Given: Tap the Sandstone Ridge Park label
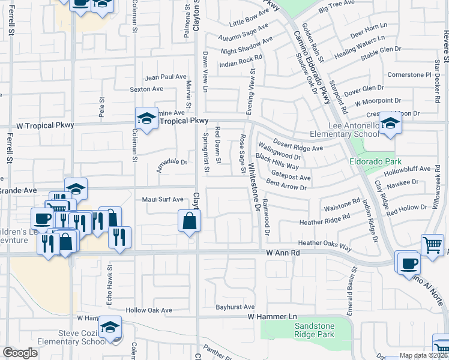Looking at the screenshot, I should (310, 330).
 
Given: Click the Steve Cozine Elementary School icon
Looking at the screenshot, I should (110, 328).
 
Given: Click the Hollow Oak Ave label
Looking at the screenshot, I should (149, 310).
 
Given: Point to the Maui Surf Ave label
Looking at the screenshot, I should (162, 199).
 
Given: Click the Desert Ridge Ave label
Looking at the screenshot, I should (298, 145).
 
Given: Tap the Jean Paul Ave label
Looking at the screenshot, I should (166, 77).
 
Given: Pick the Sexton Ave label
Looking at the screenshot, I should (147, 89).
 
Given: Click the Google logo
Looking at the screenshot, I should (20, 353).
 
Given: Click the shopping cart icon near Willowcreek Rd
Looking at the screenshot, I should (432, 244).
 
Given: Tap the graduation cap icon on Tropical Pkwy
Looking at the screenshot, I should (146, 118).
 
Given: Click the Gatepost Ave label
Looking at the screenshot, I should (291, 178).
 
